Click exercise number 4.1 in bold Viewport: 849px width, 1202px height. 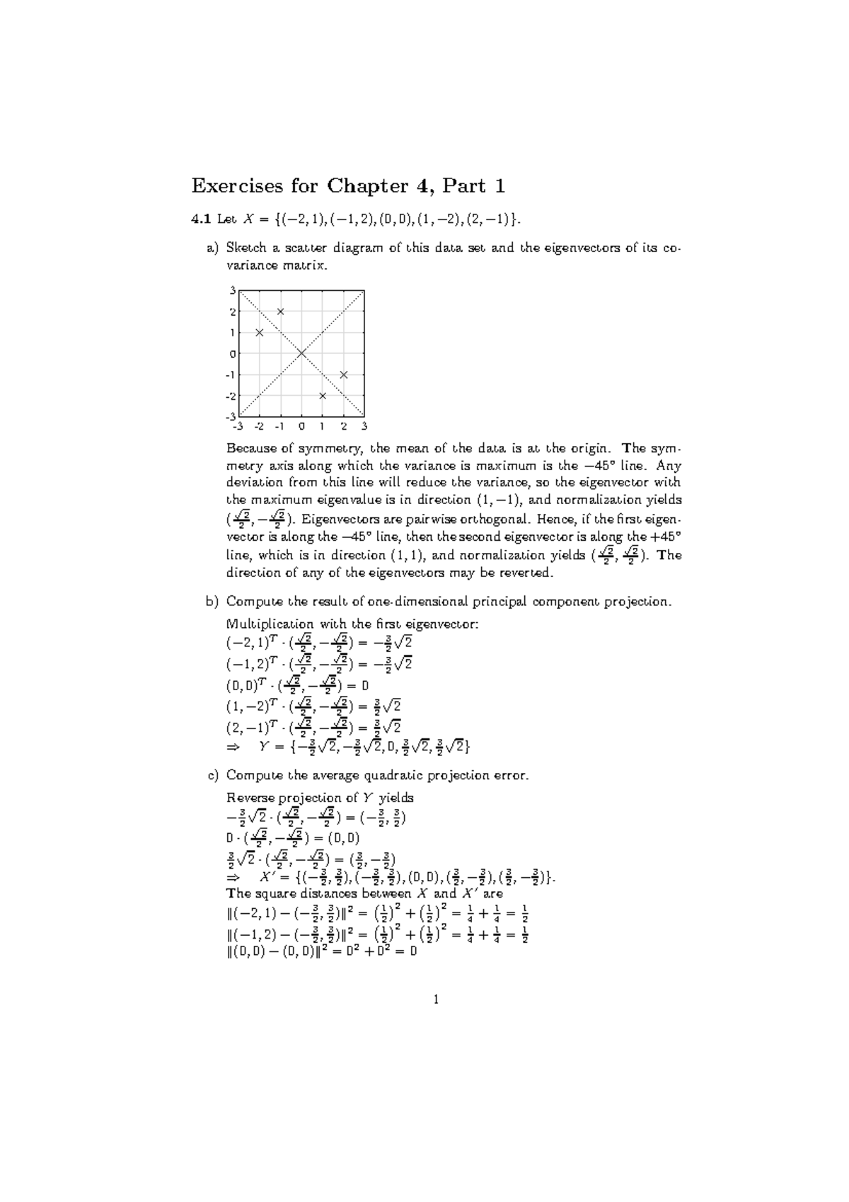pos(201,219)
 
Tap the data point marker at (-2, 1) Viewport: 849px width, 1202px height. pos(260,333)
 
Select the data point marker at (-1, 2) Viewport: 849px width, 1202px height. pos(281,311)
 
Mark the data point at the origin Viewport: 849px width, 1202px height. pos(301,353)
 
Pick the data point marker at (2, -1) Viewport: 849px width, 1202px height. pos(344,374)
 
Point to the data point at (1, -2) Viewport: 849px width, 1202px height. pos(323,396)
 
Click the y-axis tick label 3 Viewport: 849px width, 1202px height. pos(233,290)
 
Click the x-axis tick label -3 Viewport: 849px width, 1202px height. pos(237,427)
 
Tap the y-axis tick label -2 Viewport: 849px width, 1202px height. pos(231,396)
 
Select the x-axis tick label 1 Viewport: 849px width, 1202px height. pos(323,427)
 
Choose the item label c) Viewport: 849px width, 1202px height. pos(213,775)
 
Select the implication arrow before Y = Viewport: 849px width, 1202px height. pos(233,747)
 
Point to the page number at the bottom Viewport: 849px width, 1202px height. pos(436,1000)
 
